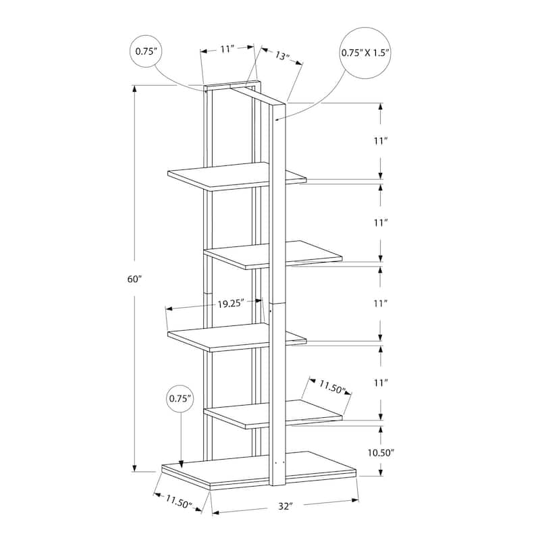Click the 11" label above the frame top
227,49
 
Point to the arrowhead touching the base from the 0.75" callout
181,463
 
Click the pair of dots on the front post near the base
279,463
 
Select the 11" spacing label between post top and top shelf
381,141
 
